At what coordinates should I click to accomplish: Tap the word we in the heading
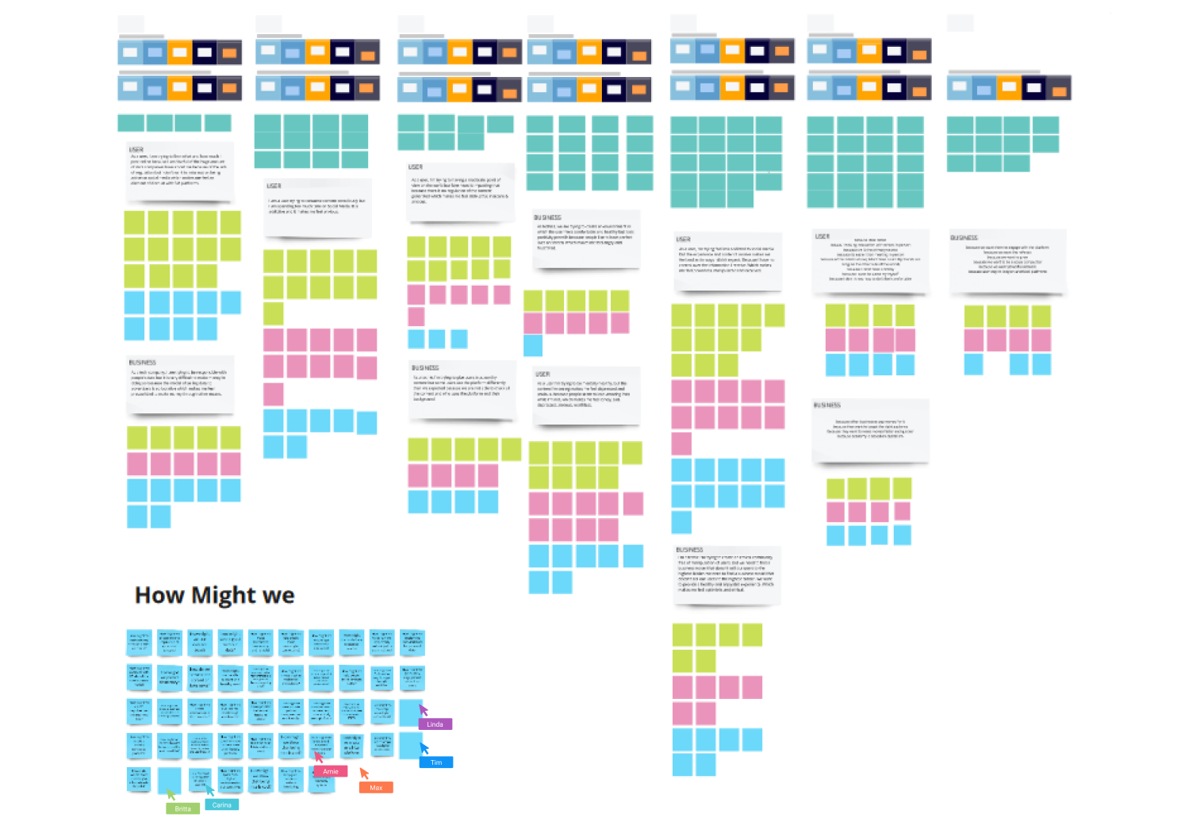[x=278, y=596]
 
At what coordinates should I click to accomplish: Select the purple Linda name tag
[x=435, y=724]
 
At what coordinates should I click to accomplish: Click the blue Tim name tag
[x=436, y=762]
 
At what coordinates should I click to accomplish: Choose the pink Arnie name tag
[x=331, y=771]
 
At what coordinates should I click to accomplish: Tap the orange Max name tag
[x=376, y=788]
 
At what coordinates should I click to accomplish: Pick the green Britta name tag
[x=183, y=808]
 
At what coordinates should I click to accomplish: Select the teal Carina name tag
[x=222, y=804]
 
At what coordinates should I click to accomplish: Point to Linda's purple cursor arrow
[x=423, y=709]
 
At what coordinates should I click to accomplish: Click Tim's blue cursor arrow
[x=424, y=747]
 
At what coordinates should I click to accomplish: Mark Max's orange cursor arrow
[x=364, y=773]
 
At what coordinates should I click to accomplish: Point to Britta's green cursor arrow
[x=171, y=793]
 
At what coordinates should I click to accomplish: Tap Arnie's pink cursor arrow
[x=318, y=757]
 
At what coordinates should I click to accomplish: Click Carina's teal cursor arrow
[x=209, y=789]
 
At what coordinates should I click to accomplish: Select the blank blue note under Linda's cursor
[x=409, y=712]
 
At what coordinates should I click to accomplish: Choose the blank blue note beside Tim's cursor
[x=409, y=745]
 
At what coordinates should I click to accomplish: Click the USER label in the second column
[x=274, y=186]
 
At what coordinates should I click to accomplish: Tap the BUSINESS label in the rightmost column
[x=964, y=237]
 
